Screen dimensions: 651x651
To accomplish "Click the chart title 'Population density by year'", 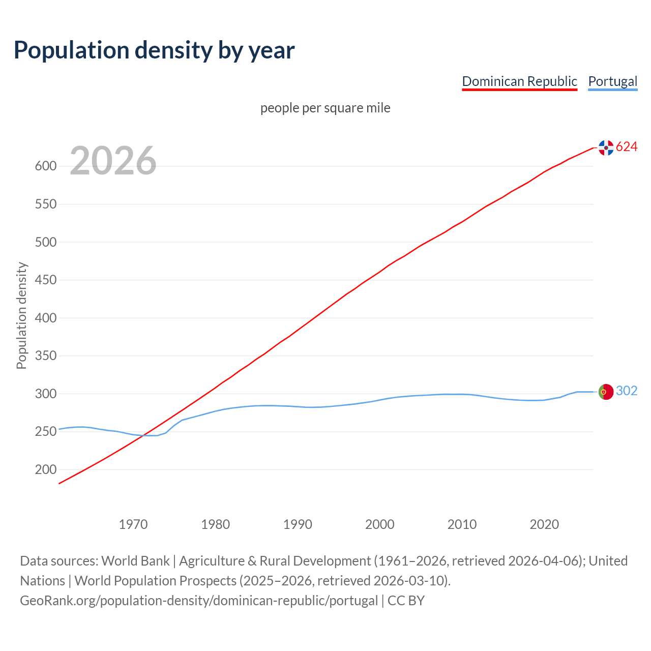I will tap(154, 50).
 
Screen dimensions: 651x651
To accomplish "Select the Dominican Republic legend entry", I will tap(519, 81).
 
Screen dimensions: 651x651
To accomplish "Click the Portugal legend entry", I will tap(612, 81).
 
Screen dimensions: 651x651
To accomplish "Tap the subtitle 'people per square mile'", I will tap(325, 108).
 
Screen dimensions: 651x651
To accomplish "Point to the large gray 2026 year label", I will tap(113, 161).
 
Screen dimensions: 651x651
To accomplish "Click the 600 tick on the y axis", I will tap(45, 166).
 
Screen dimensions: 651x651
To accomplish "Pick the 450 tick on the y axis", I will tap(45, 280).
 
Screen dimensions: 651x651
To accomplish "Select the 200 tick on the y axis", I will tap(45, 470).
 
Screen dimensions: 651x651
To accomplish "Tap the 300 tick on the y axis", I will tap(45, 394).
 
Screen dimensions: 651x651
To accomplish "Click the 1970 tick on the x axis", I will tap(133, 524).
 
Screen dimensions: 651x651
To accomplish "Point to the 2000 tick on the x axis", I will tap(380, 524).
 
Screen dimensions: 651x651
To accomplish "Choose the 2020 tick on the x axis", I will tap(544, 524).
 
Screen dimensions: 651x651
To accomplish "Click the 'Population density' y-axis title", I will tap(21, 315).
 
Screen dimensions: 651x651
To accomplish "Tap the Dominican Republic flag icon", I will tap(606, 147).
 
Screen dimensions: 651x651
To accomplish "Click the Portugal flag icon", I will tap(606, 392).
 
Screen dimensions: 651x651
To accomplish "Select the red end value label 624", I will tap(627, 147).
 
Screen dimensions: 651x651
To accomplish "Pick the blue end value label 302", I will tap(627, 391).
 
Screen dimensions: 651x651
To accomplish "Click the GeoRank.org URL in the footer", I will tap(199, 601).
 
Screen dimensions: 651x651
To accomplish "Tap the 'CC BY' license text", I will tap(406, 601).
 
